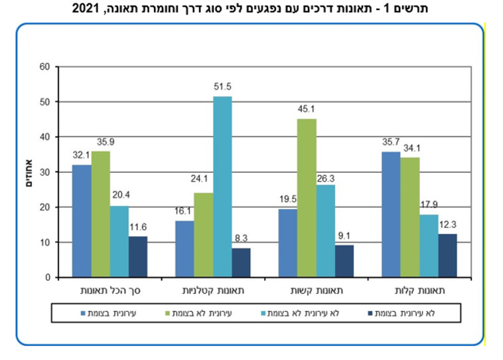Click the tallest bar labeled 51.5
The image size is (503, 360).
pos(222,187)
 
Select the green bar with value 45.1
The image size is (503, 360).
pos(307,198)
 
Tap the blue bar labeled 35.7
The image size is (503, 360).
pos(391,215)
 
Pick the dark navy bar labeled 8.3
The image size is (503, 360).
pos(241,263)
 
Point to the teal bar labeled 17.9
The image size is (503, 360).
pos(428,246)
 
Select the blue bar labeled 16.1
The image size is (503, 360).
pos(184,249)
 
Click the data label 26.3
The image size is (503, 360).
pos(326,178)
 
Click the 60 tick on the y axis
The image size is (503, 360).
pos(45,67)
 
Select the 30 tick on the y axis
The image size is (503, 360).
pos(45,172)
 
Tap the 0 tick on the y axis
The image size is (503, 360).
pos(48,278)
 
